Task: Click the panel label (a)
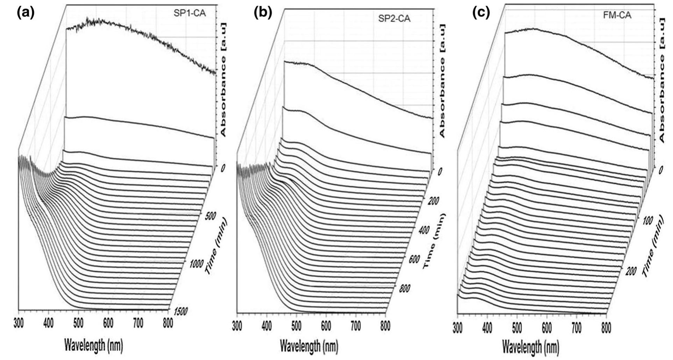25,13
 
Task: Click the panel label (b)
263,13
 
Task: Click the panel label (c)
481,13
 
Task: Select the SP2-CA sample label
394,19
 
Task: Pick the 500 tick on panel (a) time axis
210,216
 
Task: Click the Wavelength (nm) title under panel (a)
93,345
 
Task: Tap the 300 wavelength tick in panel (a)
19,324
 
